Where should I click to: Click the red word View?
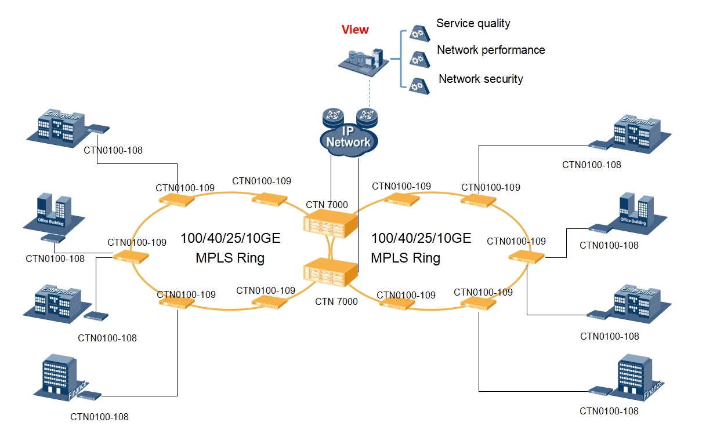pos(355,30)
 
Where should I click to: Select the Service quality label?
pos(473,24)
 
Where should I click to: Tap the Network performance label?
pos(491,50)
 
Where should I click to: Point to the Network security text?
pos(480,79)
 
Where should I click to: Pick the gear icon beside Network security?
pos(416,86)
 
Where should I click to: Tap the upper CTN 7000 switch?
pos(330,224)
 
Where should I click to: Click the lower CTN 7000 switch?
pos(330,273)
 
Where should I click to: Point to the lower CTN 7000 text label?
pos(336,302)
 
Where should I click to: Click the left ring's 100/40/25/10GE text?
pos(230,238)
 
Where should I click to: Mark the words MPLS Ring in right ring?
pos(406,257)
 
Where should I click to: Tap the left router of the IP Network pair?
pos(333,117)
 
